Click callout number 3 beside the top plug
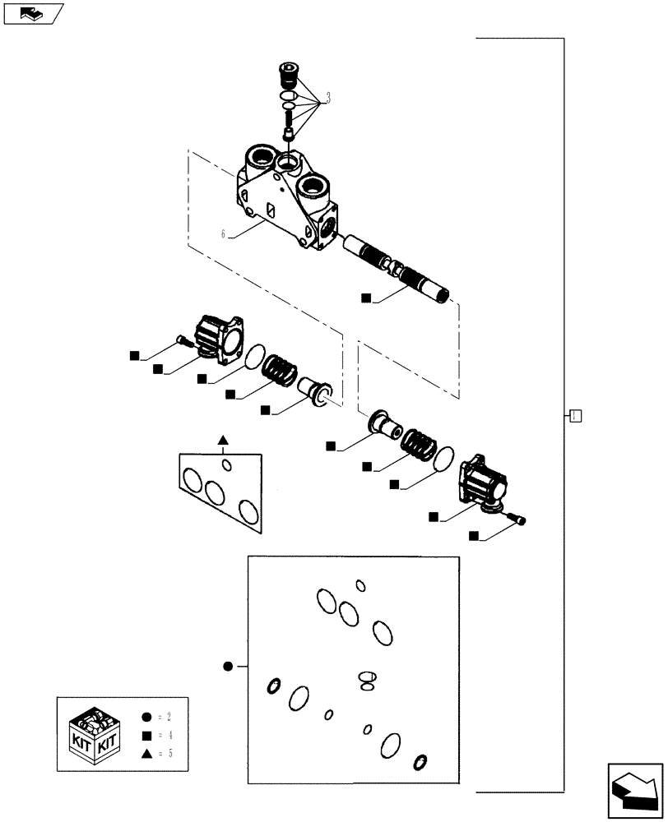[x=328, y=99]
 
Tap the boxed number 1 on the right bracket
[x=575, y=415]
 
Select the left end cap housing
[x=216, y=339]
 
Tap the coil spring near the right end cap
[x=423, y=449]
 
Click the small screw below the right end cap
[x=519, y=517]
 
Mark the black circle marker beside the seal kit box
[x=229, y=667]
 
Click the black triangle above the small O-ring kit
[x=222, y=441]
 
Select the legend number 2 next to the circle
[x=167, y=718]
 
